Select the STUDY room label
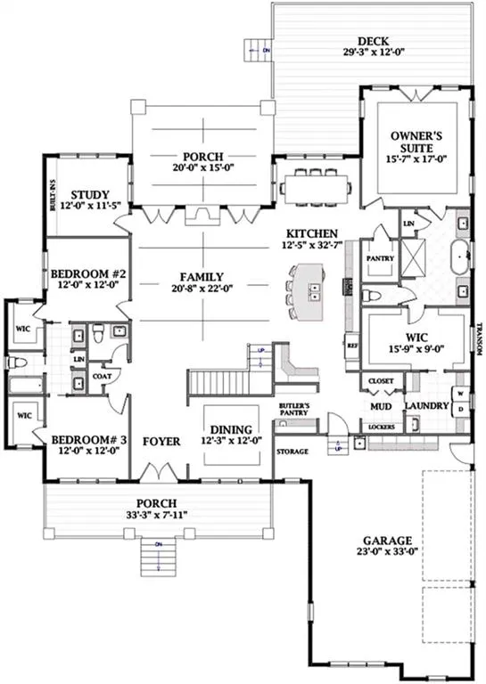[x=90, y=194]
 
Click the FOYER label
[x=161, y=441]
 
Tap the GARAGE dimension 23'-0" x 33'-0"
[x=386, y=553]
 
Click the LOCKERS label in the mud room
[x=380, y=427]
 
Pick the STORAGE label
[x=292, y=452]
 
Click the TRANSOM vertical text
[x=479, y=338]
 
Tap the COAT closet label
[x=101, y=377]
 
